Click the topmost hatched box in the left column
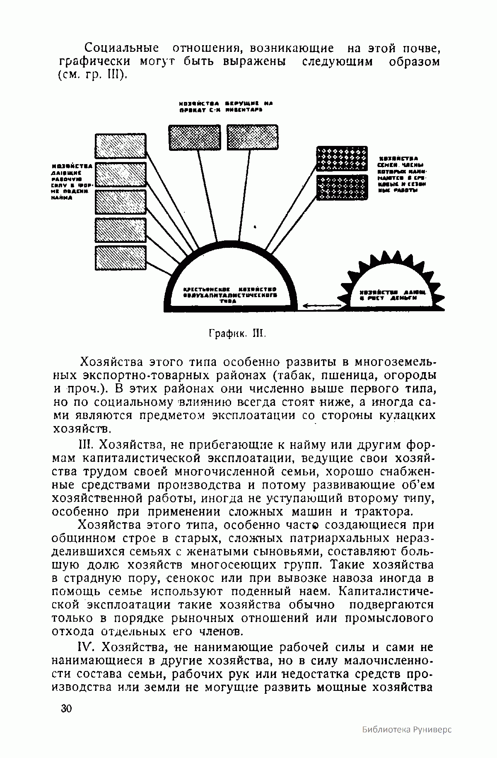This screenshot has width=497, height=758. pyautogui.click(x=121, y=145)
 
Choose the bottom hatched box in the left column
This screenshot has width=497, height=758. pyautogui.click(x=121, y=258)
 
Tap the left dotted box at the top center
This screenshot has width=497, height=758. pyautogui.click(x=193, y=137)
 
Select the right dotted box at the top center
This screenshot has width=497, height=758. pyautogui.click(x=253, y=137)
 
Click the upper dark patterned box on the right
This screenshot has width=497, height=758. pyautogui.click(x=342, y=158)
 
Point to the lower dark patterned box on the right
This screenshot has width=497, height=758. pyautogui.click(x=342, y=187)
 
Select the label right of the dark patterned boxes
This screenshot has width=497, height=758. pyautogui.click(x=402, y=174)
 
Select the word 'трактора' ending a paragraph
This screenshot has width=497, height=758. pyautogui.click(x=380, y=511)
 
